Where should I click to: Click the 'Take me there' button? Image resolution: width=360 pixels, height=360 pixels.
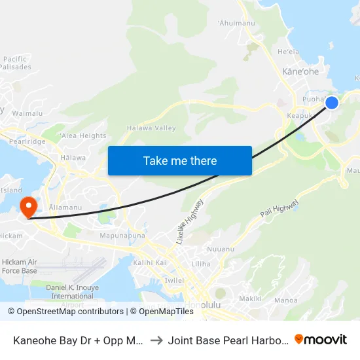click(x=180, y=160)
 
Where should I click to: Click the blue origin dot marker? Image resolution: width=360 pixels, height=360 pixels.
click(x=332, y=103)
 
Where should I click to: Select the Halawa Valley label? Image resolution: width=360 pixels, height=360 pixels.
click(x=151, y=128)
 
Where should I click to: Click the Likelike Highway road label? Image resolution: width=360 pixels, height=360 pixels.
click(x=190, y=223)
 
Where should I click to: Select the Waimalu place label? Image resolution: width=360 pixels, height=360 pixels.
click(x=27, y=113)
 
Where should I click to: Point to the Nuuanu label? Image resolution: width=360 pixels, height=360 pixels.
click(x=219, y=249)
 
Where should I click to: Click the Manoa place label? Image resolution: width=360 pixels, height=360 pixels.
click(x=286, y=300)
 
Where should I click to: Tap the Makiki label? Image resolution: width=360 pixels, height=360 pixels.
click(x=250, y=298)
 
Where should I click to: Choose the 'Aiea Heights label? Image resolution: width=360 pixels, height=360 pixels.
click(x=82, y=135)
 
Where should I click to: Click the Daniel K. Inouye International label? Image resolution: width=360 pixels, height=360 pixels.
click(x=72, y=291)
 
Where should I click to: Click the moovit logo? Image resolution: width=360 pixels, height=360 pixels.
click(x=320, y=340)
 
